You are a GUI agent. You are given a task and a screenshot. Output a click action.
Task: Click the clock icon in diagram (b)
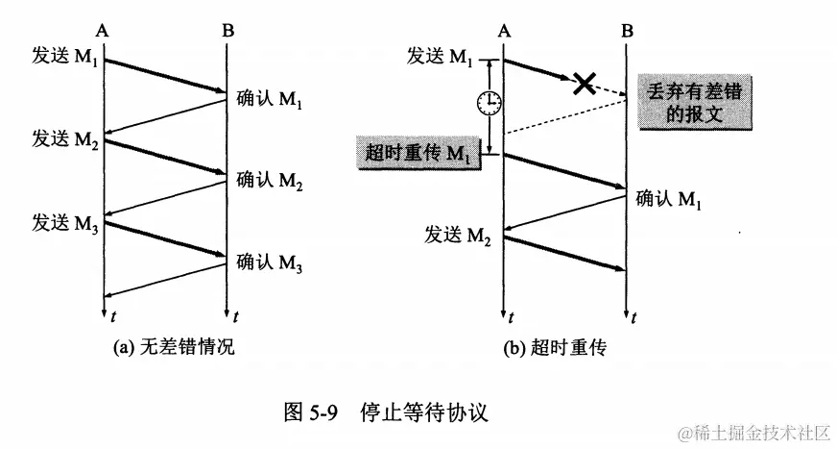coord(490,101)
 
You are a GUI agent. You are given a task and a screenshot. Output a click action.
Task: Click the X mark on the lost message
coord(584,83)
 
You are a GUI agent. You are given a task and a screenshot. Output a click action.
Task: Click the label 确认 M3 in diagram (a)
coord(270,262)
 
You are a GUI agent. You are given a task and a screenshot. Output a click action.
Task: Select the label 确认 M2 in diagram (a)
coord(270,181)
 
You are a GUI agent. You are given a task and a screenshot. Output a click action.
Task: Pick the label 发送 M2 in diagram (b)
coord(457,234)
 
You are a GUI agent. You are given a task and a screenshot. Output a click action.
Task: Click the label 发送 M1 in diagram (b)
coord(440,57)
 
